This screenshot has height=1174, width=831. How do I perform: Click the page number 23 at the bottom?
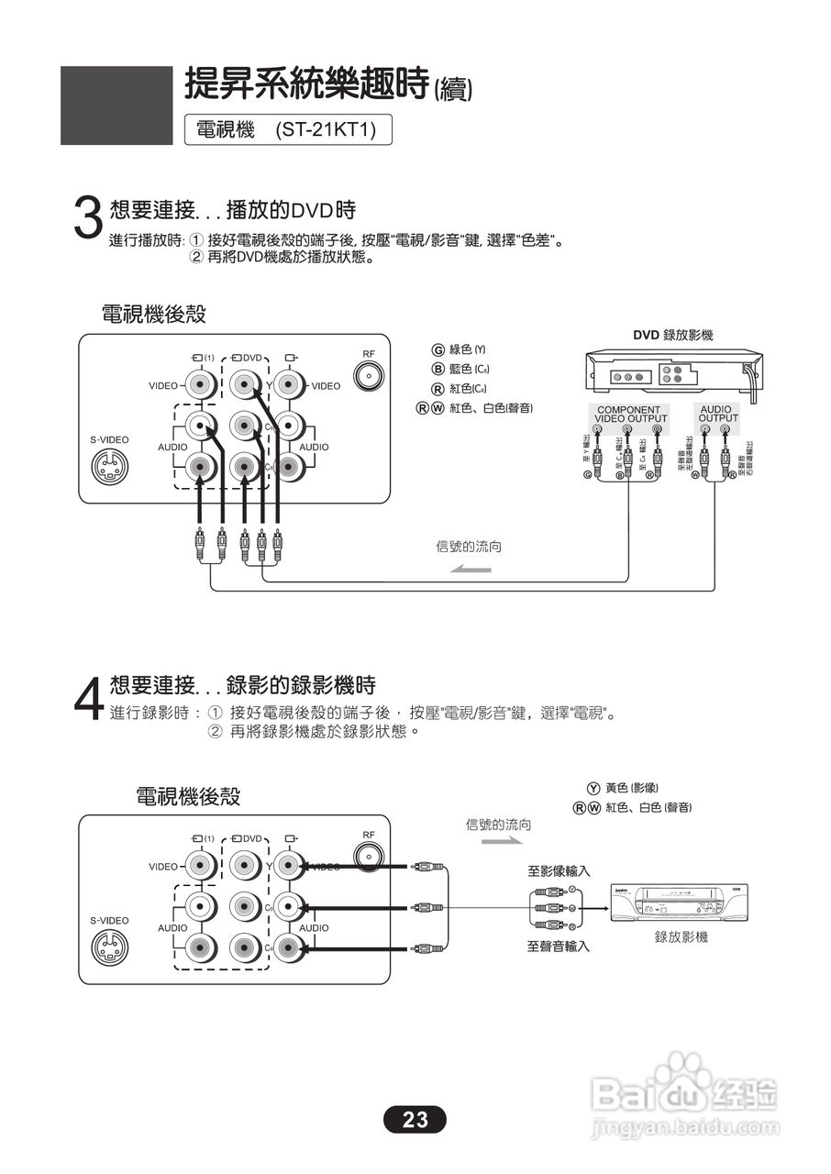[x=415, y=1119]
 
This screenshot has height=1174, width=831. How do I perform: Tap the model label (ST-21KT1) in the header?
[x=326, y=130]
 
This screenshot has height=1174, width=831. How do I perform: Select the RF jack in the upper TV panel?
[x=369, y=376]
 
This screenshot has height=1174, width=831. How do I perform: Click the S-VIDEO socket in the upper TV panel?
[x=109, y=466]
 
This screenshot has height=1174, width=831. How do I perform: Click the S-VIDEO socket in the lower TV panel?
[x=109, y=947]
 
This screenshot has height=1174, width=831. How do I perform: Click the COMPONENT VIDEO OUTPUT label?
[x=627, y=415]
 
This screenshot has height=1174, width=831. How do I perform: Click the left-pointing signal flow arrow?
[x=471, y=570]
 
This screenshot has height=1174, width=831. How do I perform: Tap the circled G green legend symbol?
[x=438, y=349]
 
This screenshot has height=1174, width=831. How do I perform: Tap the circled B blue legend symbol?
[x=438, y=369]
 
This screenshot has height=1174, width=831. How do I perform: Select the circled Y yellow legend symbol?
[x=593, y=788]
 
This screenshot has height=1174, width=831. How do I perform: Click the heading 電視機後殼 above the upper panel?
[x=153, y=315]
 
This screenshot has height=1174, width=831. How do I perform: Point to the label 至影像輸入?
[x=559, y=870]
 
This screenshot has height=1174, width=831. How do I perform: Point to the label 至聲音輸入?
[x=559, y=946]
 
